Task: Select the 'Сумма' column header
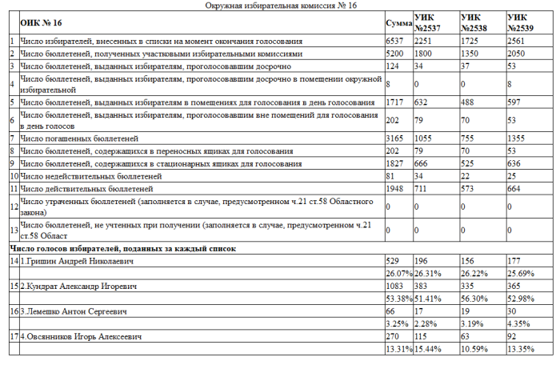click(398, 23)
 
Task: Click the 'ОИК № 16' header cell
click(40, 23)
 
